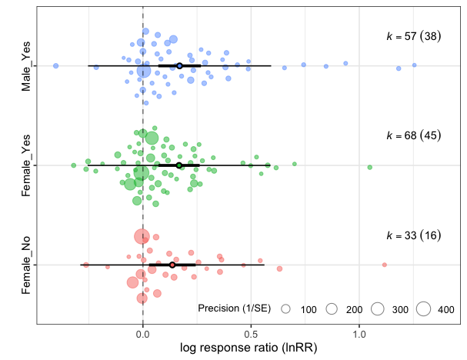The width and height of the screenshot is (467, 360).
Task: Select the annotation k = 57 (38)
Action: (x=412, y=36)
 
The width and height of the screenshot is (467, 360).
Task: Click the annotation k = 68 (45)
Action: (x=412, y=135)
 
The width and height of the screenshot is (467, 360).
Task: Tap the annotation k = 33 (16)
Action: (x=412, y=235)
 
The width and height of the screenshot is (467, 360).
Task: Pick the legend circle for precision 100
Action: (x=285, y=309)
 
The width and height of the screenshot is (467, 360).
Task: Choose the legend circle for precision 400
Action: (x=424, y=309)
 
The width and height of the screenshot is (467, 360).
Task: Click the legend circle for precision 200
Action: (x=332, y=309)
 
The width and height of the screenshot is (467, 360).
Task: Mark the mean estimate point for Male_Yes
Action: (x=179, y=66)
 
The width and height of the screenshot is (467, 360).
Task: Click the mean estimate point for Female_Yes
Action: (x=179, y=165)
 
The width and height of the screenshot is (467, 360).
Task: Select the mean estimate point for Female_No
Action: (x=172, y=265)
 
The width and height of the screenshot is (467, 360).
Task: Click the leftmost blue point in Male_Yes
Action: (x=55, y=66)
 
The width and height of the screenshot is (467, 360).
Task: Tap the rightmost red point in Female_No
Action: (x=384, y=265)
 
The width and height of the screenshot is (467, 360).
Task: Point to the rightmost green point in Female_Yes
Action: (x=370, y=167)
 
